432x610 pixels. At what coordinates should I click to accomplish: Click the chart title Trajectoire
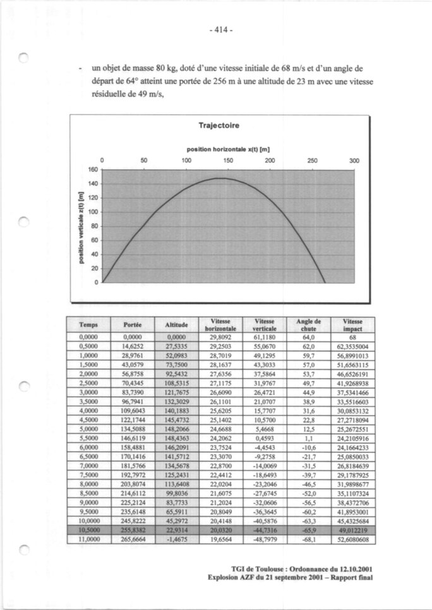[x=218, y=125]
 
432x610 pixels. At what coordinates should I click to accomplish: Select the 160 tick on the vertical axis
[x=93, y=170]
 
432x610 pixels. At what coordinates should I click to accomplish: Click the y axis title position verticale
[x=80, y=227]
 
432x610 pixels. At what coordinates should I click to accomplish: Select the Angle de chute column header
[x=309, y=324]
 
